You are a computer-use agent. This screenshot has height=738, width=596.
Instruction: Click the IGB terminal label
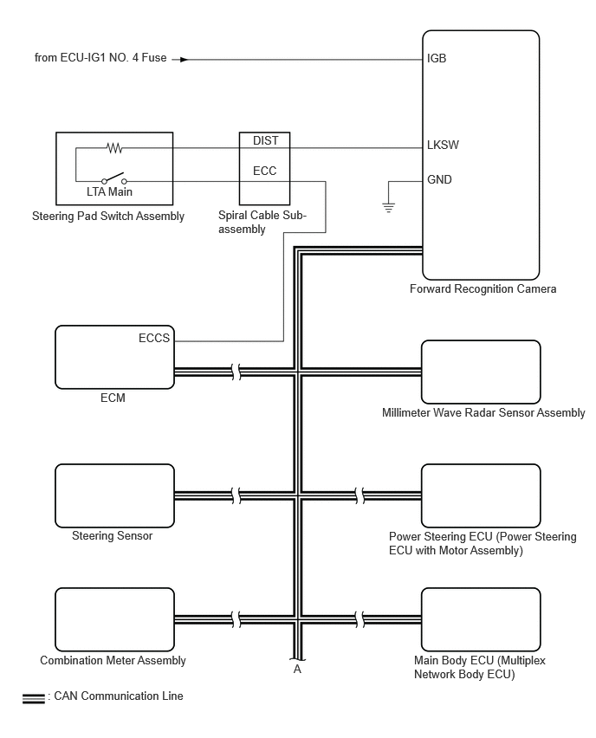point(437,58)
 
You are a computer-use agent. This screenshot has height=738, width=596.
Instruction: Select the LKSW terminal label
point(443,145)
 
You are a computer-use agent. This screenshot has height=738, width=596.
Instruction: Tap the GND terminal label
point(439,180)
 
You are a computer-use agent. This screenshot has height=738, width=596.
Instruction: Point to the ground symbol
point(388,207)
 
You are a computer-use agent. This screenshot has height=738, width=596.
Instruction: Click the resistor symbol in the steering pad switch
point(115,149)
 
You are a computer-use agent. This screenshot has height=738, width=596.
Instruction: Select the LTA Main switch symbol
point(114,178)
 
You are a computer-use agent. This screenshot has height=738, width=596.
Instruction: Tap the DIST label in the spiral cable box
point(266,140)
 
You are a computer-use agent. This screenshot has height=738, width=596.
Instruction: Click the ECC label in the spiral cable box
point(264,171)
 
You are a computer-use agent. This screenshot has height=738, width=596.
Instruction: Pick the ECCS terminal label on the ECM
point(154,339)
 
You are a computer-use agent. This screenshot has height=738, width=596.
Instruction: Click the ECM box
point(115,357)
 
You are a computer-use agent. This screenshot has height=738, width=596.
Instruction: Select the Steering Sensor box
point(115,495)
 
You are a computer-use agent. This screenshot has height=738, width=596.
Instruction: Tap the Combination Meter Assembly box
point(115,619)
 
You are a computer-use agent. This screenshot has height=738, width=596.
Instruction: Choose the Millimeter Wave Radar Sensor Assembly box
point(481,372)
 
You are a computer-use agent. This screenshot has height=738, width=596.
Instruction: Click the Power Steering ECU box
point(481,495)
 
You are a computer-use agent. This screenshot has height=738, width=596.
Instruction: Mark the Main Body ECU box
point(481,619)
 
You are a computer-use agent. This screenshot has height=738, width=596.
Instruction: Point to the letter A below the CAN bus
point(297,670)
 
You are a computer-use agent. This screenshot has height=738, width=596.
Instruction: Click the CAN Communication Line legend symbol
point(34,699)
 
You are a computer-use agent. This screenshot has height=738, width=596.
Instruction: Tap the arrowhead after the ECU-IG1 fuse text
point(184,60)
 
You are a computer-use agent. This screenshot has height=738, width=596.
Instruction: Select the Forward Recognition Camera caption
point(483,289)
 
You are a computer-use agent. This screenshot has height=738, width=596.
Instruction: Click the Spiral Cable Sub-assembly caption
point(262,222)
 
